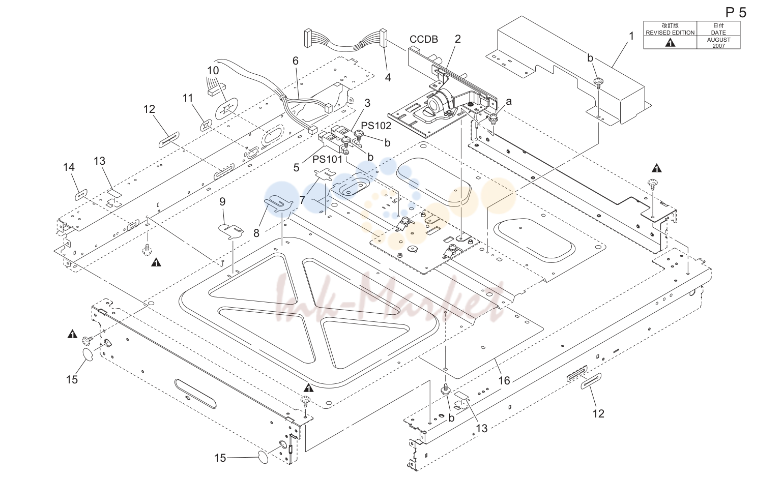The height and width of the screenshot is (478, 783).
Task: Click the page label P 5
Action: (736, 13)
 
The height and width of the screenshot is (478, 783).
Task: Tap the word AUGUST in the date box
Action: (719, 40)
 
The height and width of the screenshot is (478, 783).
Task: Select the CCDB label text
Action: (424, 39)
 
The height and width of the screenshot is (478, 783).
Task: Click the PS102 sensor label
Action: (376, 126)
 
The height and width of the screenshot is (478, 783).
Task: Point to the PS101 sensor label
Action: (327, 159)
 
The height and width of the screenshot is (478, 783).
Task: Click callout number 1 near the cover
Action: (631, 36)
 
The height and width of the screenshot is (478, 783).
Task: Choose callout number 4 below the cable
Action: (388, 78)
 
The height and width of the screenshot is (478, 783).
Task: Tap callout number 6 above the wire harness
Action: (296, 61)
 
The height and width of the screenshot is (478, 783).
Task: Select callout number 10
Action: (213, 71)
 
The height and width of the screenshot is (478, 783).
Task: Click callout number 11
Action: (188, 98)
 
